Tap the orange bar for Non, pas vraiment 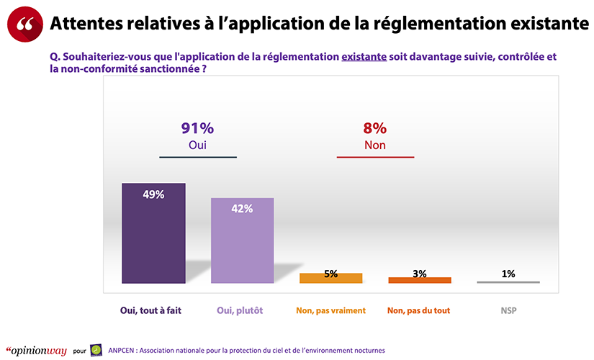(330, 278)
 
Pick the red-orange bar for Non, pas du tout (420, 280)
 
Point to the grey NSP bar (508, 282)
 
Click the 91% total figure (197, 129)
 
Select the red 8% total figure (375, 129)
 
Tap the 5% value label (331, 274)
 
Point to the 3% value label (420, 274)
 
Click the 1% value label (508, 274)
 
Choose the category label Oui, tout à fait (153, 311)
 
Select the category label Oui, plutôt (242, 311)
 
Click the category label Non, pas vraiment (330, 311)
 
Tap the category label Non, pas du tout (420, 311)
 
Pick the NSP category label (508, 311)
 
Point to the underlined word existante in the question (364, 55)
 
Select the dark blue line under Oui (197, 157)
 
